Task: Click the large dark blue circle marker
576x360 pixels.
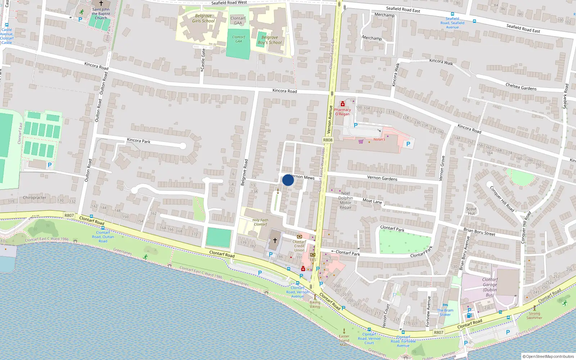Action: (x=288, y=180)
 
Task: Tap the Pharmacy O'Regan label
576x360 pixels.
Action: (x=342, y=112)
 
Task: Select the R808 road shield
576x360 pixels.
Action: (x=328, y=140)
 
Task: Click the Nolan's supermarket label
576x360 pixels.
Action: (x=379, y=139)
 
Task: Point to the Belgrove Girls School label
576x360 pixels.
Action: (x=203, y=18)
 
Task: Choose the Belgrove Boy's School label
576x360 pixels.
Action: (x=270, y=40)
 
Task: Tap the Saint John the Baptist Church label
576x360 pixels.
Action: (x=101, y=14)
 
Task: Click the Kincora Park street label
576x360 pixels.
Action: (x=139, y=140)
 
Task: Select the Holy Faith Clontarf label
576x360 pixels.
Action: (x=260, y=222)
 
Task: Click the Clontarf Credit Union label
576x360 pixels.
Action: (x=299, y=246)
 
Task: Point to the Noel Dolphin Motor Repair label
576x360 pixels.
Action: (x=346, y=201)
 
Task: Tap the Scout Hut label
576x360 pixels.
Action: (x=471, y=211)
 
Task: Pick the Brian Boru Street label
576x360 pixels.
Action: (x=479, y=232)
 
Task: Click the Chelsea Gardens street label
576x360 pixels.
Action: (x=521, y=87)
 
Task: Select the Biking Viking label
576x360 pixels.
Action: (x=315, y=305)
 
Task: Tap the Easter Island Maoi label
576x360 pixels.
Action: (x=344, y=340)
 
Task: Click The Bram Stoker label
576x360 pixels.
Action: (x=445, y=312)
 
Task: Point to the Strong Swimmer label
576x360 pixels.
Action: (x=534, y=315)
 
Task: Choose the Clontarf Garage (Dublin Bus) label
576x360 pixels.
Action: (x=490, y=287)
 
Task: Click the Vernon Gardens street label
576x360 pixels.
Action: (x=382, y=178)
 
